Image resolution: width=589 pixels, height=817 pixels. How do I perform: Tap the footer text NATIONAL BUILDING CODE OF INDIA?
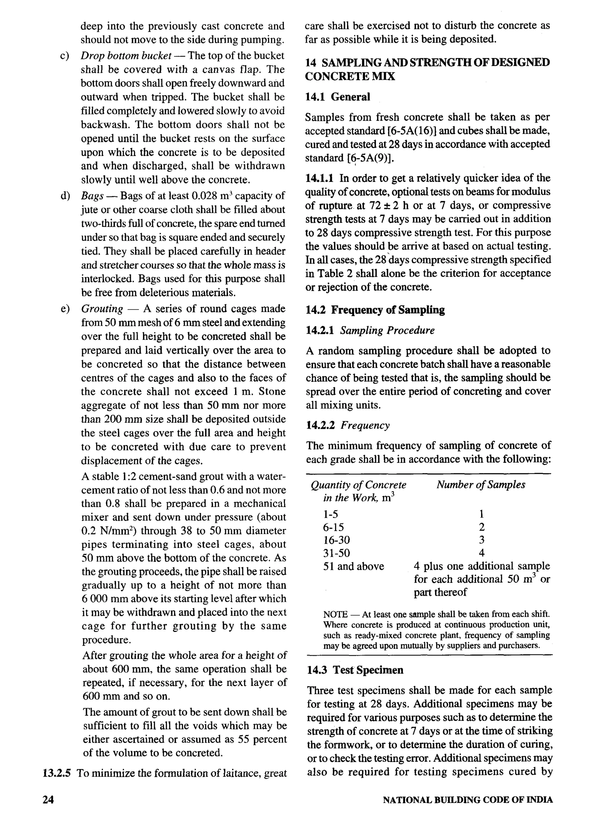pyautogui.click(x=467, y=800)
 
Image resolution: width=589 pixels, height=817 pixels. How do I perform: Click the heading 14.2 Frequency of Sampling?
pyautogui.click(x=375, y=310)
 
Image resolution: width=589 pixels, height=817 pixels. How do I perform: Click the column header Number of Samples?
pyautogui.click(x=481, y=485)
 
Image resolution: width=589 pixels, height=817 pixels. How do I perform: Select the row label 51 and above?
pyautogui.click(x=353, y=566)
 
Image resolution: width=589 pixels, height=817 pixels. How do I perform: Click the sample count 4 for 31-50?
pyautogui.click(x=482, y=553)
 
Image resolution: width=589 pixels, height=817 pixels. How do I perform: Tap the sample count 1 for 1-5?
pyautogui.click(x=482, y=514)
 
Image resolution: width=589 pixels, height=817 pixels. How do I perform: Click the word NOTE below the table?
pyautogui.click(x=335, y=615)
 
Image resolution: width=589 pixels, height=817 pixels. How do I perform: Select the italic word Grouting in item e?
pyautogui.click(x=102, y=309)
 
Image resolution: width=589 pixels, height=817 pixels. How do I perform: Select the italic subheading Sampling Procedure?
pyautogui.click(x=387, y=330)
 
